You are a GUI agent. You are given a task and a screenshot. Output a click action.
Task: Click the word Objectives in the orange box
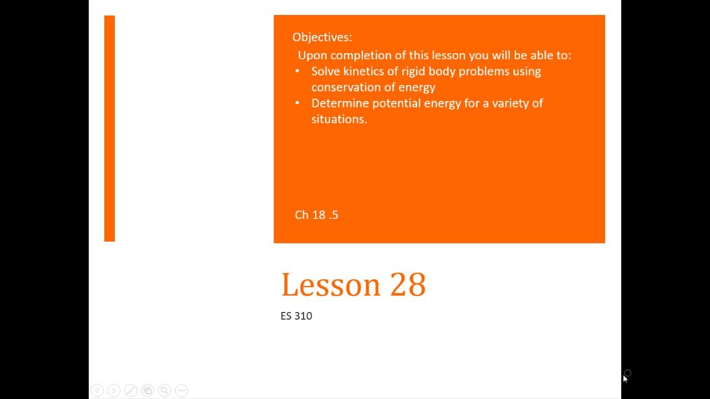[x=322, y=37]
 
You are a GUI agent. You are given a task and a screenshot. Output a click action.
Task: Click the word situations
[x=339, y=119]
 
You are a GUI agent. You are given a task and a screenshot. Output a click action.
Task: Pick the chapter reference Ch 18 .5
[x=316, y=215]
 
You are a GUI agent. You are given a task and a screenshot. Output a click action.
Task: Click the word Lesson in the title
[x=331, y=285]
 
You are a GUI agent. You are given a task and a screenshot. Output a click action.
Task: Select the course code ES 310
[x=296, y=316]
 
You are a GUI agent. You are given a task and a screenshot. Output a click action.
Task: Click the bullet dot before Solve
[x=297, y=71]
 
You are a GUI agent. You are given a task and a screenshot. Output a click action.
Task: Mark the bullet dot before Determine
[x=297, y=103]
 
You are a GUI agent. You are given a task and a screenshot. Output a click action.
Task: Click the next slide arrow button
[x=114, y=391]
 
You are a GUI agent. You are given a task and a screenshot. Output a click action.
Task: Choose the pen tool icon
[x=131, y=391]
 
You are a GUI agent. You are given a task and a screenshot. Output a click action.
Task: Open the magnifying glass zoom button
[x=164, y=391]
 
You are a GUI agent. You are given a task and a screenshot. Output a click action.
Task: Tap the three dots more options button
[x=181, y=391]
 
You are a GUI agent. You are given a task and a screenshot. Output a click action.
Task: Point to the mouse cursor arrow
[x=625, y=378]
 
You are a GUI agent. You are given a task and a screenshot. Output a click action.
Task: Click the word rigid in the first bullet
[x=413, y=71]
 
